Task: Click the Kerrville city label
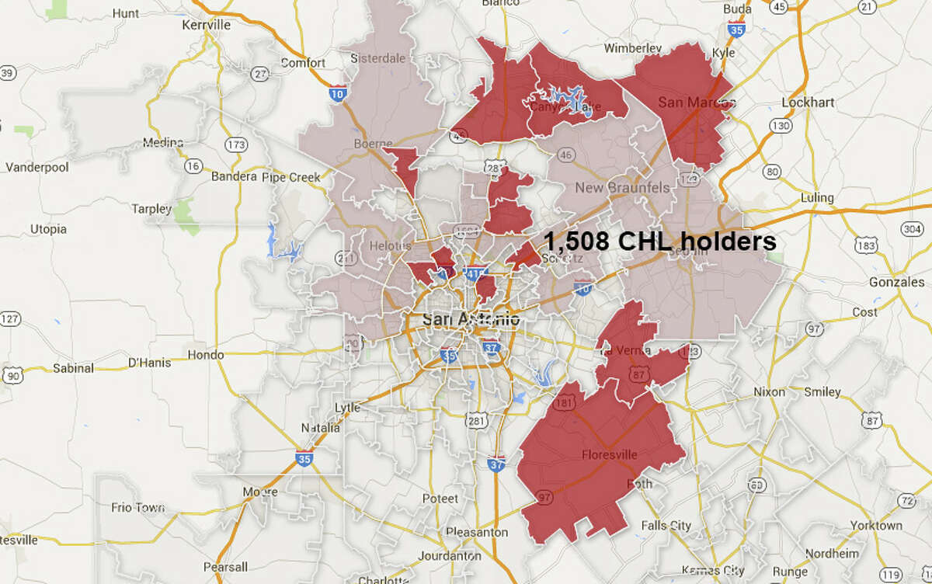206,25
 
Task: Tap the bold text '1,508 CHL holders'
659,241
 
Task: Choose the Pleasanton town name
477,532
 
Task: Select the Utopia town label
47,229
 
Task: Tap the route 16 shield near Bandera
194,165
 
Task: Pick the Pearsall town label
224,566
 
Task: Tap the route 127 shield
10,318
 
